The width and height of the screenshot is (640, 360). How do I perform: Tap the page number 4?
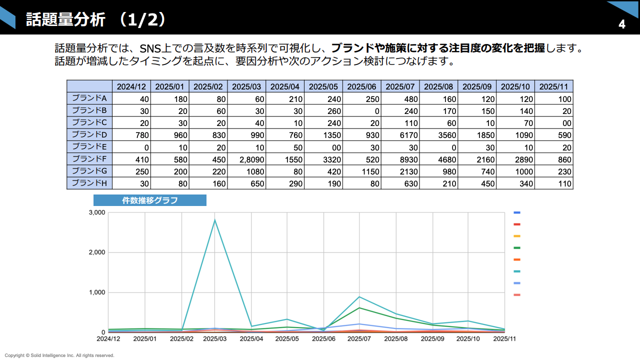[622, 24]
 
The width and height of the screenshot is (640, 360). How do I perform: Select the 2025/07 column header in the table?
[400, 86]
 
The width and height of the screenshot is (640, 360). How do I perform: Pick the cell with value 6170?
[400, 135]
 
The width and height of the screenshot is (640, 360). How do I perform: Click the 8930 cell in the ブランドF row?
[400, 159]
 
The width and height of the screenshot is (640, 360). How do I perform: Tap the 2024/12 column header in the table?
[131, 86]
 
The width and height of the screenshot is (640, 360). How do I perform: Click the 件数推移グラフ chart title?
[150, 200]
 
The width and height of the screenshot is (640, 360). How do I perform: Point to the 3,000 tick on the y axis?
[97, 212]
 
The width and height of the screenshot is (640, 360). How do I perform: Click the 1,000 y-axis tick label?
[97, 292]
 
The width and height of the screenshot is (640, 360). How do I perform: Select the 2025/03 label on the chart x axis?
[215, 338]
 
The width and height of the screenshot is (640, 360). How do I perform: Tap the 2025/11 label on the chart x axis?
[504, 338]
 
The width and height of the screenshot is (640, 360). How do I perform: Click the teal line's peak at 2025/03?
[215, 220]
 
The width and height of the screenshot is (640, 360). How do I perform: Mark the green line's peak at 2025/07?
[359, 307]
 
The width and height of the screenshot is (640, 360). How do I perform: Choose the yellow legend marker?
[517, 236]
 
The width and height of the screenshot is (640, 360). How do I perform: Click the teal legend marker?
[517, 271]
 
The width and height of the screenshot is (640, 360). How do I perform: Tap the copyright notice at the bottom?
[59, 355]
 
